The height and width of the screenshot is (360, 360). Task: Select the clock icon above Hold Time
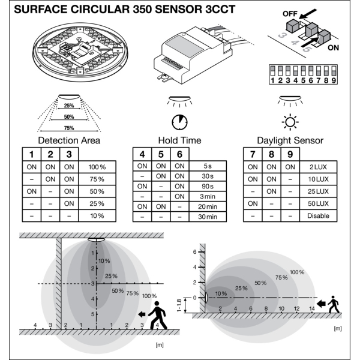(x=178, y=122)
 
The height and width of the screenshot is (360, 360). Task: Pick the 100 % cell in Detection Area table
(x=97, y=166)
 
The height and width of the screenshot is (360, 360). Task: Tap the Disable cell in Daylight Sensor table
(x=319, y=216)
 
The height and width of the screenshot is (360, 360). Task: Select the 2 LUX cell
(x=319, y=166)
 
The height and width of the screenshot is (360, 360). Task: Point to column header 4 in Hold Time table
(x=142, y=154)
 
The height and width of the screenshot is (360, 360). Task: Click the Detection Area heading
(x=69, y=140)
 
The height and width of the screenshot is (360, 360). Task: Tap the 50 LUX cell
(x=319, y=203)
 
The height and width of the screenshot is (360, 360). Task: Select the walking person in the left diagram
(x=157, y=314)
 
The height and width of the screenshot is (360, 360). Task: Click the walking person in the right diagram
(x=333, y=304)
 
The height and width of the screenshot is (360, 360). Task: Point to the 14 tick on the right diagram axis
(x=311, y=308)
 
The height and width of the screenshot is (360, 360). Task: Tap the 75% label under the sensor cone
(x=69, y=127)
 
